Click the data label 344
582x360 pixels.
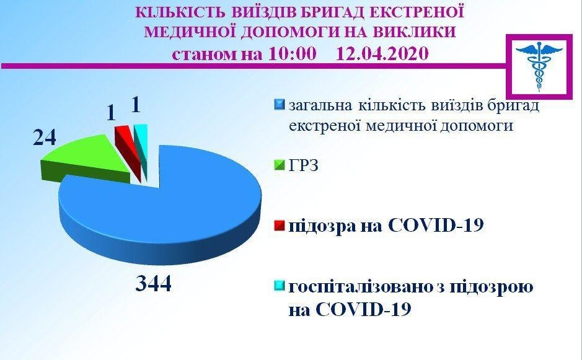click(x=153, y=284)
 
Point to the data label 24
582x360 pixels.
click(x=45, y=138)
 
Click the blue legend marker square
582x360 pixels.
click(x=279, y=104)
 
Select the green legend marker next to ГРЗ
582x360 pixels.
click(x=279, y=165)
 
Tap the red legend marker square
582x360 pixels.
click(x=279, y=226)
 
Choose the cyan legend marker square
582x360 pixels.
click(x=279, y=286)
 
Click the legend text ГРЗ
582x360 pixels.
click(x=304, y=165)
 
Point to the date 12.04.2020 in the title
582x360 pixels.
click(x=382, y=53)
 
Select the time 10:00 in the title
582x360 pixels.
click(x=293, y=53)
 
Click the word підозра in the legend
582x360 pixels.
click(x=322, y=226)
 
